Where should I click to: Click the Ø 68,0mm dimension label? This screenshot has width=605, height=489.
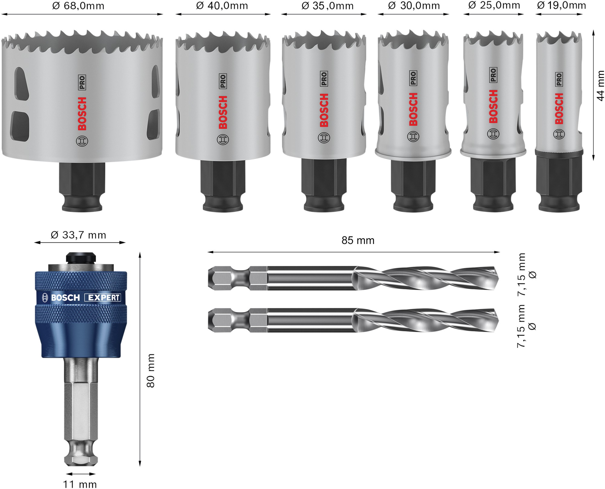point(78,6)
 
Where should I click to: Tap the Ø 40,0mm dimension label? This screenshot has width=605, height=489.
point(222,6)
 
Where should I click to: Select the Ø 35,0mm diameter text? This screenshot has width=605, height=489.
point(328,6)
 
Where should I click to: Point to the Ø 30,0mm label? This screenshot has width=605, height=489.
point(414,6)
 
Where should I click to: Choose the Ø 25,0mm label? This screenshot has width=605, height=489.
point(494,5)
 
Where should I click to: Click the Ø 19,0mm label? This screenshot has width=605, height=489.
point(561,5)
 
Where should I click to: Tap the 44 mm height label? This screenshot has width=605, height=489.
point(600,86)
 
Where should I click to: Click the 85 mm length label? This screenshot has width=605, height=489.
point(358,240)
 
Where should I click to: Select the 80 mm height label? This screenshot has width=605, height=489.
point(150,370)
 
